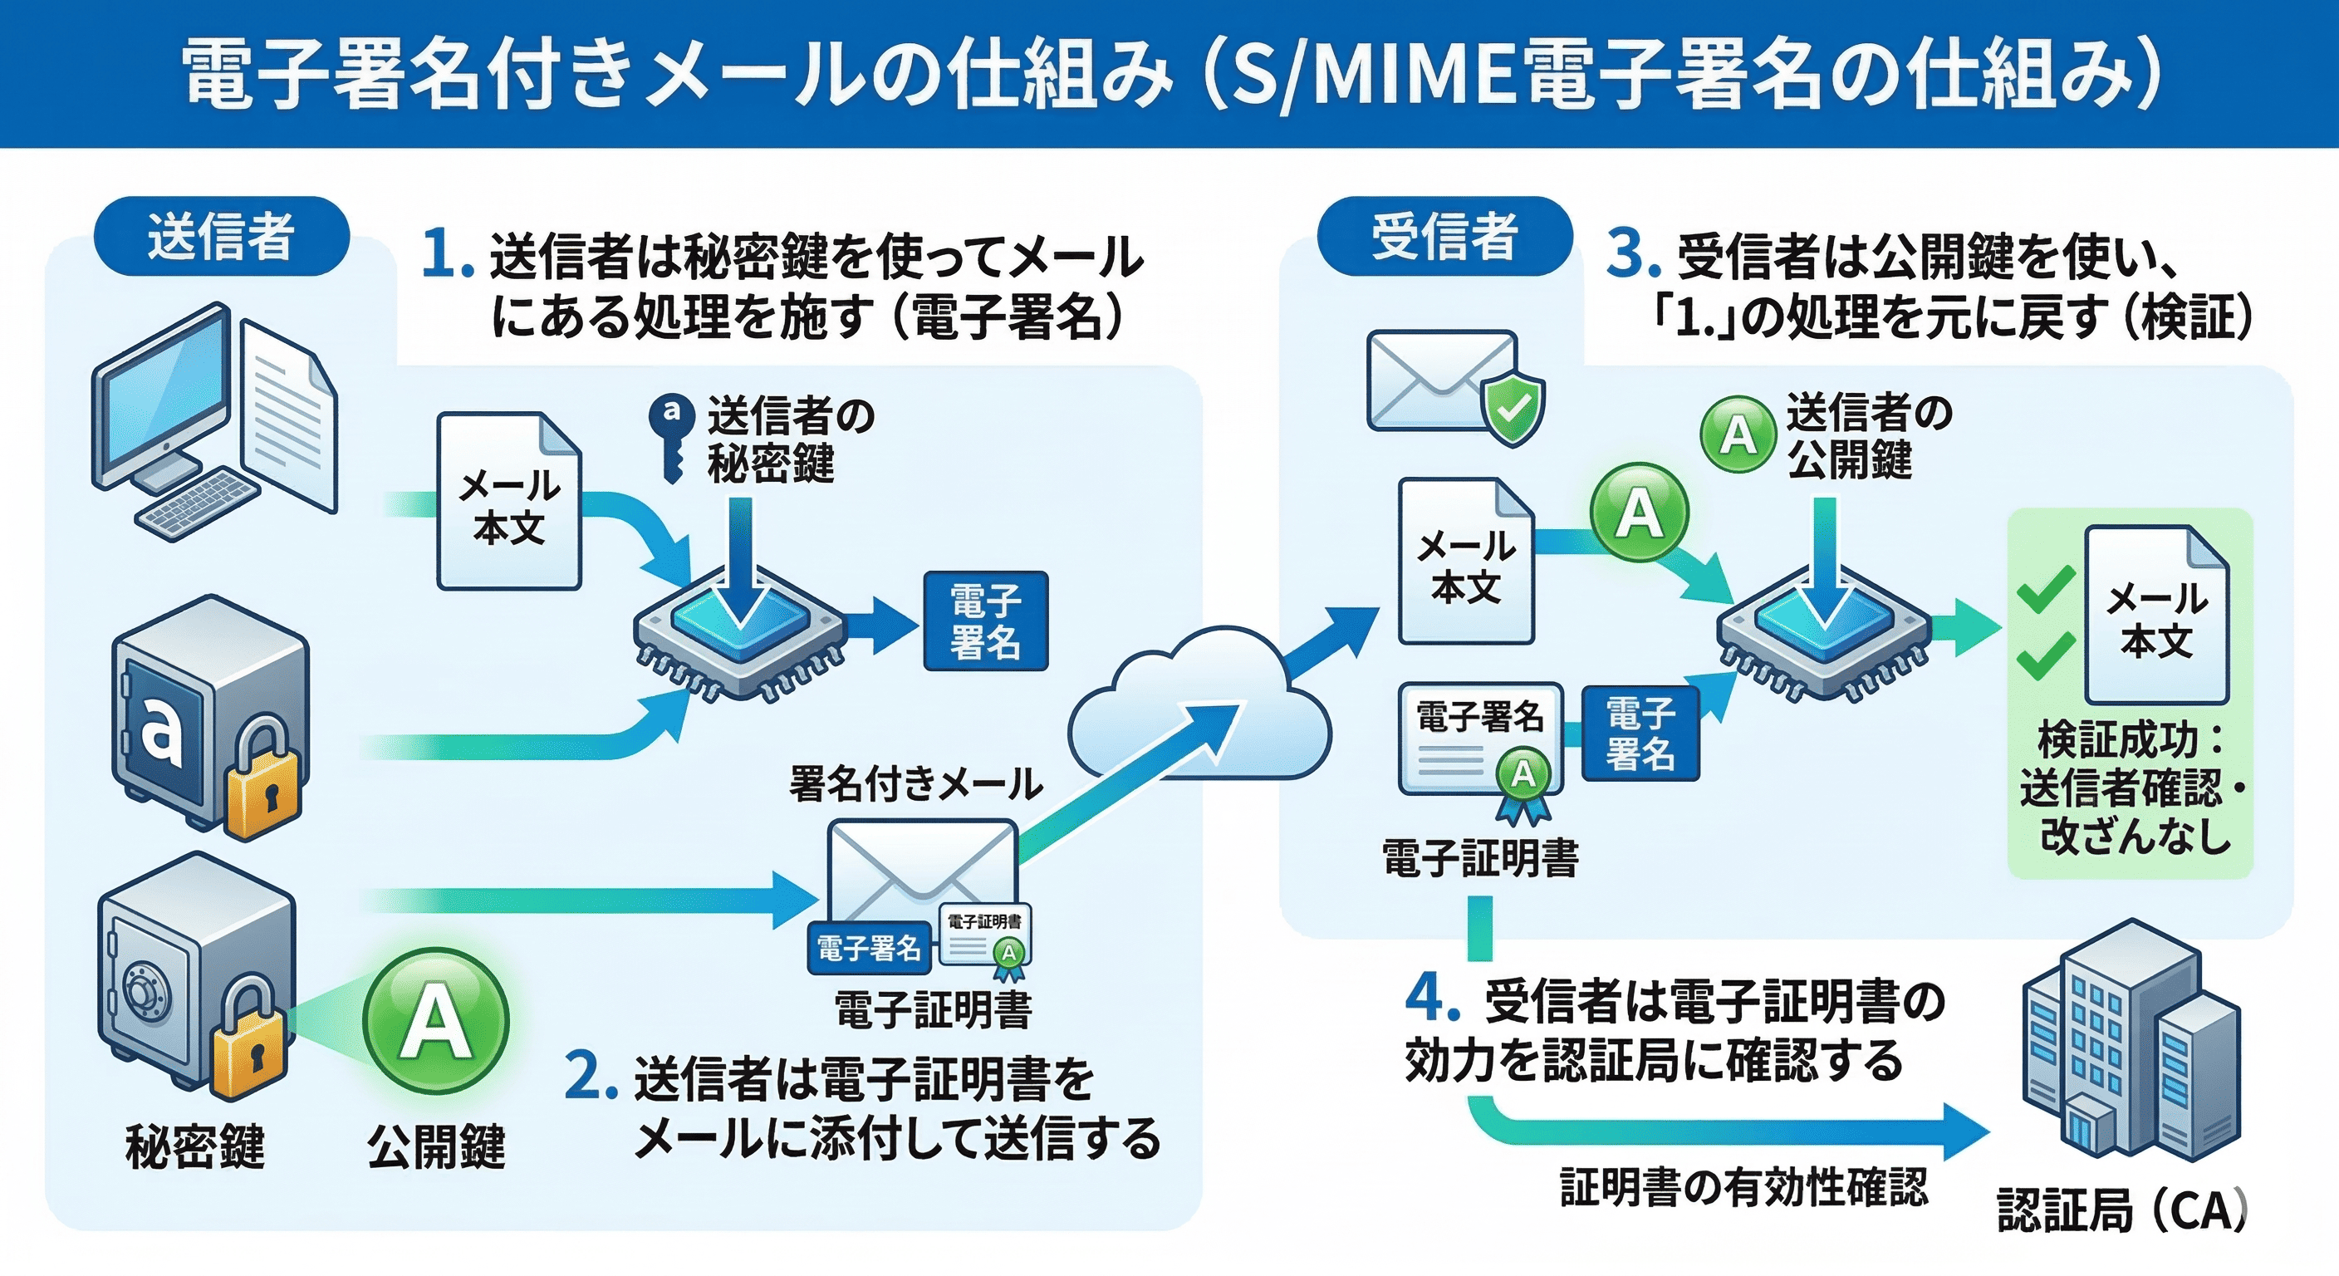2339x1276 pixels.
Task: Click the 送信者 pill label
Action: point(221,236)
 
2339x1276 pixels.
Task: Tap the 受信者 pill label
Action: point(1444,236)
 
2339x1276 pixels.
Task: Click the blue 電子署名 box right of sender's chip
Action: point(985,621)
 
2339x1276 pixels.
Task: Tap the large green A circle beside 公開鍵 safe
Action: point(436,1022)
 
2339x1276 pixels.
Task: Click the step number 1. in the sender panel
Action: point(448,254)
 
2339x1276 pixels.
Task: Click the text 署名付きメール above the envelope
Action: point(915,783)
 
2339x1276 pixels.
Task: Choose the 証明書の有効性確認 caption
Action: point(1743,1187)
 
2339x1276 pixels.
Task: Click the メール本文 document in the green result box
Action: point(2156,617)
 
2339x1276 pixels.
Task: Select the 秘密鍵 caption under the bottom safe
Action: point(194,1146)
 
